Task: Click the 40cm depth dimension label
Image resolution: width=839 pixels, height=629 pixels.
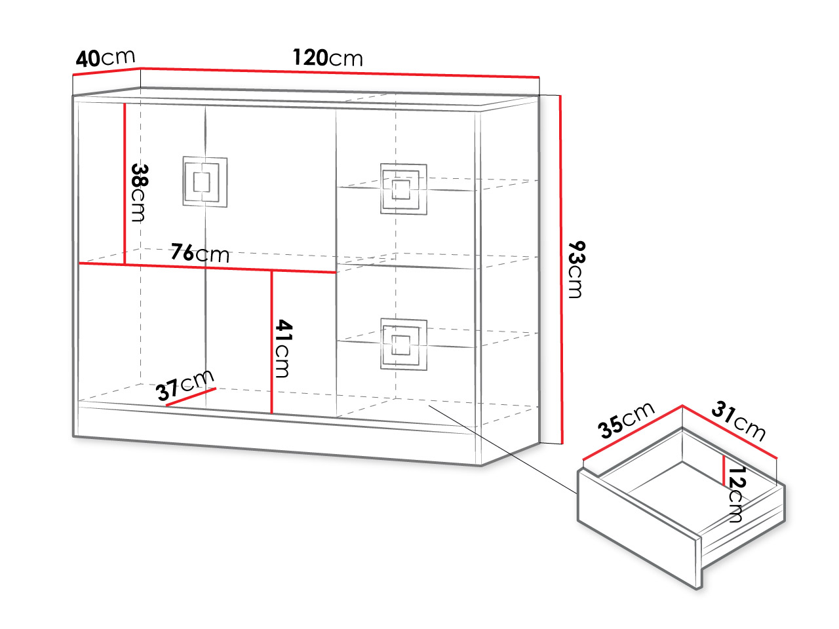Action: (x=106, y=58)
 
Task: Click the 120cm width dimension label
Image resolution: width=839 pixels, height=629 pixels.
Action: (x=328, y=58)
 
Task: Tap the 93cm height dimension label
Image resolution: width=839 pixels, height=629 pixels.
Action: (x=576, y=269)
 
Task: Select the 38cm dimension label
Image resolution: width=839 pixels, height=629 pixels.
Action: (x=140, y=193)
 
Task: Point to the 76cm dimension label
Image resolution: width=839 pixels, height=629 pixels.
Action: (x=200, y=253)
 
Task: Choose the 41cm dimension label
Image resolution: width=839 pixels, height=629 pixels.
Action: (x=284, y=349)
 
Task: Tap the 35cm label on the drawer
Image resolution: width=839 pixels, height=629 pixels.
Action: (x=627, y=420)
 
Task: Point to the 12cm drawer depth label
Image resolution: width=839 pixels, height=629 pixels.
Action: (x=737, y=494)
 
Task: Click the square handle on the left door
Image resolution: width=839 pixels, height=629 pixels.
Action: (x=205, y=181)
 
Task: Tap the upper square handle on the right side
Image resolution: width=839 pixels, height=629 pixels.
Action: (x=404, y=189)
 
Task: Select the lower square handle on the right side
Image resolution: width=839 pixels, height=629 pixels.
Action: (x=404, y=345)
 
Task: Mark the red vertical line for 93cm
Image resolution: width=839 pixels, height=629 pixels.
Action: (x=561, y=270)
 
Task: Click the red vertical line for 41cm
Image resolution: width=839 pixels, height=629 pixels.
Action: (x=272, y=342)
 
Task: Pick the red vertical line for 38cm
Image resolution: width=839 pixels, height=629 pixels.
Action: (x=125, y=183)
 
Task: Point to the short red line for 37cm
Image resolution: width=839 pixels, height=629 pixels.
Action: (x=191, y=397)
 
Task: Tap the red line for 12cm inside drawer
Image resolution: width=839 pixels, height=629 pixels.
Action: (x=724, y=470)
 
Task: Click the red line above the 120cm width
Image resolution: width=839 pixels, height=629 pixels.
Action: (x=340, y=73)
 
